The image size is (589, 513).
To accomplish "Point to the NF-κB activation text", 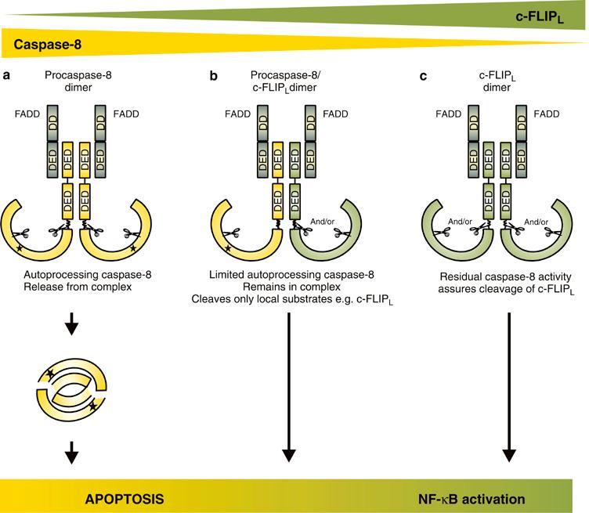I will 471,498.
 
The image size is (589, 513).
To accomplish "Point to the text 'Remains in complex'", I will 289,287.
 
